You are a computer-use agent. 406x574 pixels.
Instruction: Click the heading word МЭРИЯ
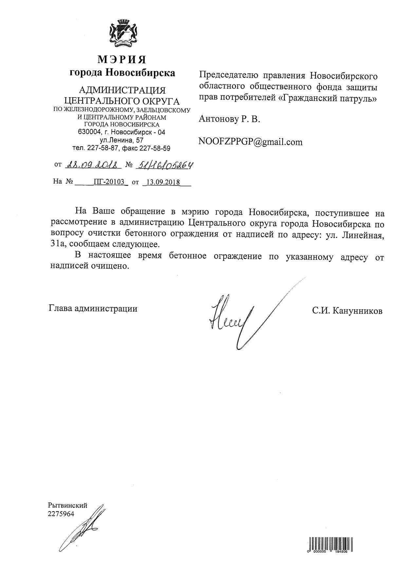click(122, 60)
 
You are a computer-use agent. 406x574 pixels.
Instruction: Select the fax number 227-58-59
click(155, 148)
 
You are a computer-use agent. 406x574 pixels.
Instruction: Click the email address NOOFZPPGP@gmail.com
click(250, 142)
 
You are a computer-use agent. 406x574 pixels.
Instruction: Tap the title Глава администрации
click(93, 308)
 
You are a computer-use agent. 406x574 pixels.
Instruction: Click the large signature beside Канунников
click(239, 317)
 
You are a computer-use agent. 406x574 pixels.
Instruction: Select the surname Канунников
click(357, 311)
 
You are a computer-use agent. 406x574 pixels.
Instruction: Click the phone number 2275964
click(61, 514)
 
